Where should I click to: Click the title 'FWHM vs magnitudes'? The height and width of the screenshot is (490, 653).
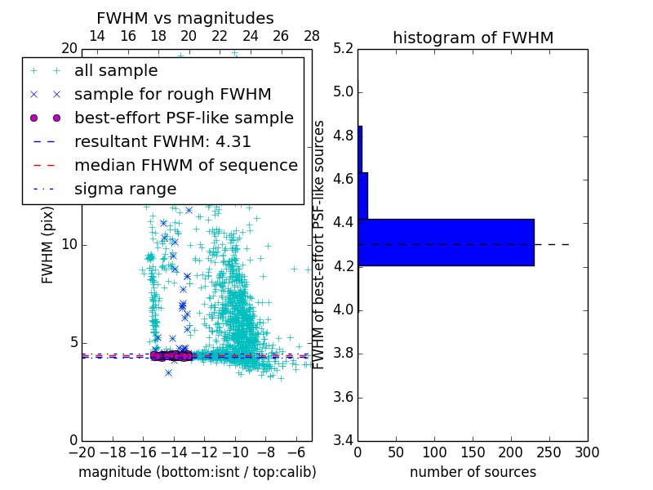pyautogui.click(x=185, y=18)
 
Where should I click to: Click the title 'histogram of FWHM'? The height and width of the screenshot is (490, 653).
pyautogui.click(x=473, y=38)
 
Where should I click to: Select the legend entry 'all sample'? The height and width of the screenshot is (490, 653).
pyautogui.click(x=116, y=71)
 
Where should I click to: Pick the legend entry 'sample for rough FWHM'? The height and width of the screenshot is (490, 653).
pyautogui.click(x=172, y=94)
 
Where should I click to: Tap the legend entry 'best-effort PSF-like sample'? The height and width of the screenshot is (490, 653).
pyautogui.click(x=184, y=118)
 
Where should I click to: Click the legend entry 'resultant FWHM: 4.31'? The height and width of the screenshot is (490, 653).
pyautogui.click(x=162, y=141)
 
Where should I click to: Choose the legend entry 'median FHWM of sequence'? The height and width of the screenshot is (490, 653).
pyautogui.click(x=185, y=165)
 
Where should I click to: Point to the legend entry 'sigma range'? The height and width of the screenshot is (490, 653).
pyautogui.click(x=125, y=189)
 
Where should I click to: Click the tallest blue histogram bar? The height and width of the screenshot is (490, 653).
pyautogui.click(x=446, y=242)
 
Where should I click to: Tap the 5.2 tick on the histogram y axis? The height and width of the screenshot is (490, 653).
pyautogui.click(x=344, y=48)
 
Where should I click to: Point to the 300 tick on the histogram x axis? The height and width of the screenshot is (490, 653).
pyautogui.click(x=587, y=452)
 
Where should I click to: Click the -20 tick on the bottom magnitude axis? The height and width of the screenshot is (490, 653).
pyautogui.click(x=82, y=452)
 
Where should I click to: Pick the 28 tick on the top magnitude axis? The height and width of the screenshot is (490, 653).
pyautogui.click(x=312, y=36)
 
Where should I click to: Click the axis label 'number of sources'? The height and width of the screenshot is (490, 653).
pyautogui.click(x=473, y=472)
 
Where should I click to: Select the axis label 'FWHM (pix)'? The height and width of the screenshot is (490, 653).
pyautogui.click(x=48, y=244)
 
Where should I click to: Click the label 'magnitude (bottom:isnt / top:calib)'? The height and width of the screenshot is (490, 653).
pyautogui.click(x=197, y=472)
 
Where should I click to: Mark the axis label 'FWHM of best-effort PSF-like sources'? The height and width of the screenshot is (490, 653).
pyautogui.click(x=319, y=244)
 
